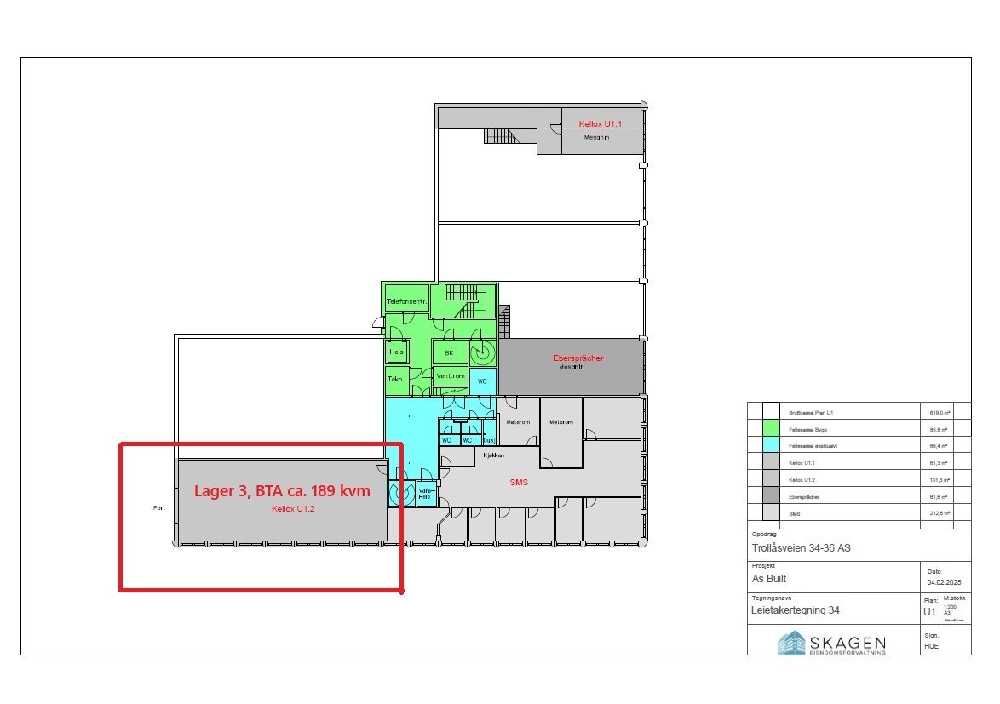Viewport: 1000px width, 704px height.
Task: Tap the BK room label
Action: pos(449,352)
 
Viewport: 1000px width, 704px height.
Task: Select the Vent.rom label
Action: pos(449,375)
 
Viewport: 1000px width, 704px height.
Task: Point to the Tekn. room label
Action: pos(396,379)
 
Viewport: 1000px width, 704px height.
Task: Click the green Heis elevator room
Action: pos(397,352)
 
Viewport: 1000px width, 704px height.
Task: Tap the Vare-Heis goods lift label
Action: pos(427,493)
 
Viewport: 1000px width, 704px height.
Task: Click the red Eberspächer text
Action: pos(578,358)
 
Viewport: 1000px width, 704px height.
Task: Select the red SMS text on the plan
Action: pos(519,483)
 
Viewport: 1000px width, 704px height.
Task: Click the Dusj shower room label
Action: pos(489,440)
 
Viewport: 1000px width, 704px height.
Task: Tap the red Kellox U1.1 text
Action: pos(601,124)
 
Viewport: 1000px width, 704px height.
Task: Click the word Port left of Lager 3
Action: pos(159,508)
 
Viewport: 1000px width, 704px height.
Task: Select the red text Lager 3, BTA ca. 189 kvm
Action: pos(282,491)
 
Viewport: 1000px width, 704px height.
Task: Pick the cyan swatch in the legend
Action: pos(771,446)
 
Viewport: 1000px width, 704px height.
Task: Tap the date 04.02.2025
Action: pos(944,582)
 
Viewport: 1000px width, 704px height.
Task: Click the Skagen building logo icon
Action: pos(791,643)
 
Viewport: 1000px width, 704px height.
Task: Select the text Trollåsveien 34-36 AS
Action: pos(801,548)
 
